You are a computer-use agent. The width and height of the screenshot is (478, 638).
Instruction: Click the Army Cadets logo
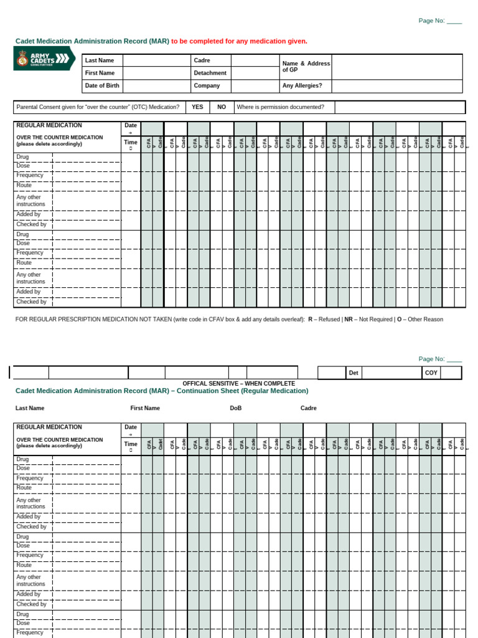tap(44, 59)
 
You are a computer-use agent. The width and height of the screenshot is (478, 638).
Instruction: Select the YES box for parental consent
tap(197, 107)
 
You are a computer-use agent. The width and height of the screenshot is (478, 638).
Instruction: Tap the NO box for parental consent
tap(222, 107)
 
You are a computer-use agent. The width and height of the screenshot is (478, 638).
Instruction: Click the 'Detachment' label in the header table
tap(210, 73)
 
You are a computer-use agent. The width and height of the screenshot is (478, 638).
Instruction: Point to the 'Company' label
tap(207, 85)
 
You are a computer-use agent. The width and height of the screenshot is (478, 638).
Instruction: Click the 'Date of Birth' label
tap(102, 85)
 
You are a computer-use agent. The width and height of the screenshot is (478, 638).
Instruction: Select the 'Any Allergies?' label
tap(302, 85)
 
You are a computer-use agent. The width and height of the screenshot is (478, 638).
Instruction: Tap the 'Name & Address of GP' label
tap(306, 67)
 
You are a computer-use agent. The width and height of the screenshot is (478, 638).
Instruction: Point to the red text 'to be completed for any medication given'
tap(239, 41)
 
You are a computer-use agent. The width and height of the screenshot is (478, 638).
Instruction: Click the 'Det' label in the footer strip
tap(354, 373)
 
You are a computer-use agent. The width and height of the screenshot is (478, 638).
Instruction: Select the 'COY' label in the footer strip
tap(431, 373)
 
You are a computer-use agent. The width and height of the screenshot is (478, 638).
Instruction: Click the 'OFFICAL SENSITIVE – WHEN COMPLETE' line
tap(238, 383)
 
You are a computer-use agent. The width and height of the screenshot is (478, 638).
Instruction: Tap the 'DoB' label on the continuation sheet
tap(235, 408)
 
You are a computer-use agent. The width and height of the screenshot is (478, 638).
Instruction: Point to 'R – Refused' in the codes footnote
tap(324, 319)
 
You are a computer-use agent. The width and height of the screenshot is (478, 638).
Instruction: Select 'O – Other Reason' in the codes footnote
tap(419, 319)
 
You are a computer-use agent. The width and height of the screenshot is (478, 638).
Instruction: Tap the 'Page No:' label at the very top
tap(431, 21)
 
